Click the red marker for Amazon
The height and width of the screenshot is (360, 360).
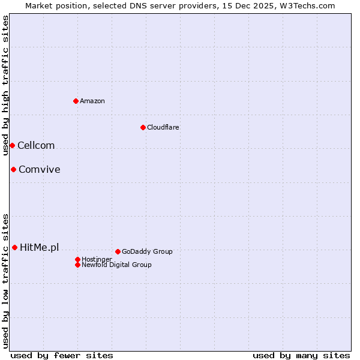76,101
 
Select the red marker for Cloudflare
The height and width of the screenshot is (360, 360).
143,127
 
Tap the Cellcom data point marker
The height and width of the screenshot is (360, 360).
12,146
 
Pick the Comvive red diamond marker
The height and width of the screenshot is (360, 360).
13,170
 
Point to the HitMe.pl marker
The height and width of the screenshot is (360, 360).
14,247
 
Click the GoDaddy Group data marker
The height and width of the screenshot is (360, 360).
118,251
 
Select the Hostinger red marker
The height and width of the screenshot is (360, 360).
78,259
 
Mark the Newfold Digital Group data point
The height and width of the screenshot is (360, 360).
78,265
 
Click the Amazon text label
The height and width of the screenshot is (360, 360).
92,101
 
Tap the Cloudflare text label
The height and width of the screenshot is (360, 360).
163,127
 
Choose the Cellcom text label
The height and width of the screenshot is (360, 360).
36,146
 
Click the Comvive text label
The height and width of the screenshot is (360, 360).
40,170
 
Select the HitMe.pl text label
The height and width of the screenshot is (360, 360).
40,247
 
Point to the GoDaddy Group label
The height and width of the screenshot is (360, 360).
147,251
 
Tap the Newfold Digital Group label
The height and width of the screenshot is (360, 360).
117,265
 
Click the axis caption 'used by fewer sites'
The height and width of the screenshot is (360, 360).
62,355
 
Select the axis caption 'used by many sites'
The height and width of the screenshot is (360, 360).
301,355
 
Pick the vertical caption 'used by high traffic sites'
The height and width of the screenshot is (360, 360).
5,85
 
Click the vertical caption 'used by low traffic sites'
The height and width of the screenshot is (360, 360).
5,281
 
